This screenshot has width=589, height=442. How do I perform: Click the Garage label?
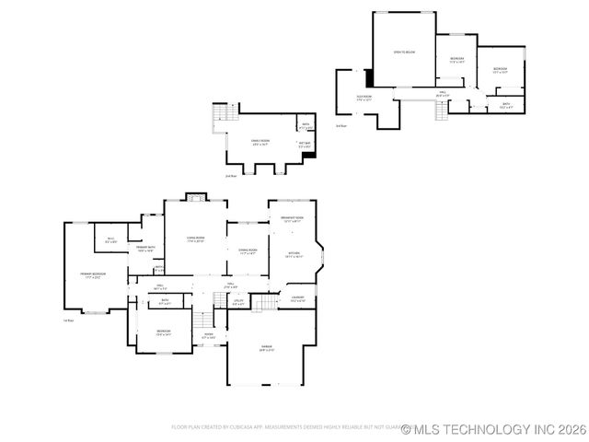point(267,349)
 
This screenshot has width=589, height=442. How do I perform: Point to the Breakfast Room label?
point(293,217)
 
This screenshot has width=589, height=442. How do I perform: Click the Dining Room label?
point(248,250)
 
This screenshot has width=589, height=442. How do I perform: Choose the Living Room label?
point(195,239)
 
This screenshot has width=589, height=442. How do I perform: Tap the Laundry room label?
point(297,298)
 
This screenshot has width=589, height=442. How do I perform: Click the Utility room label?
point(237,301)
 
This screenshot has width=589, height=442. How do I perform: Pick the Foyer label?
point(209,336)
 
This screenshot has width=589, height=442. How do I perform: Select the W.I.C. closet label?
point(110,241)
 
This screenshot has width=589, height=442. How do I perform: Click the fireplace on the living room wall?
point(195,195)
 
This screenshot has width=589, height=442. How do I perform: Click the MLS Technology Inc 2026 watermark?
point(492,428)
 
